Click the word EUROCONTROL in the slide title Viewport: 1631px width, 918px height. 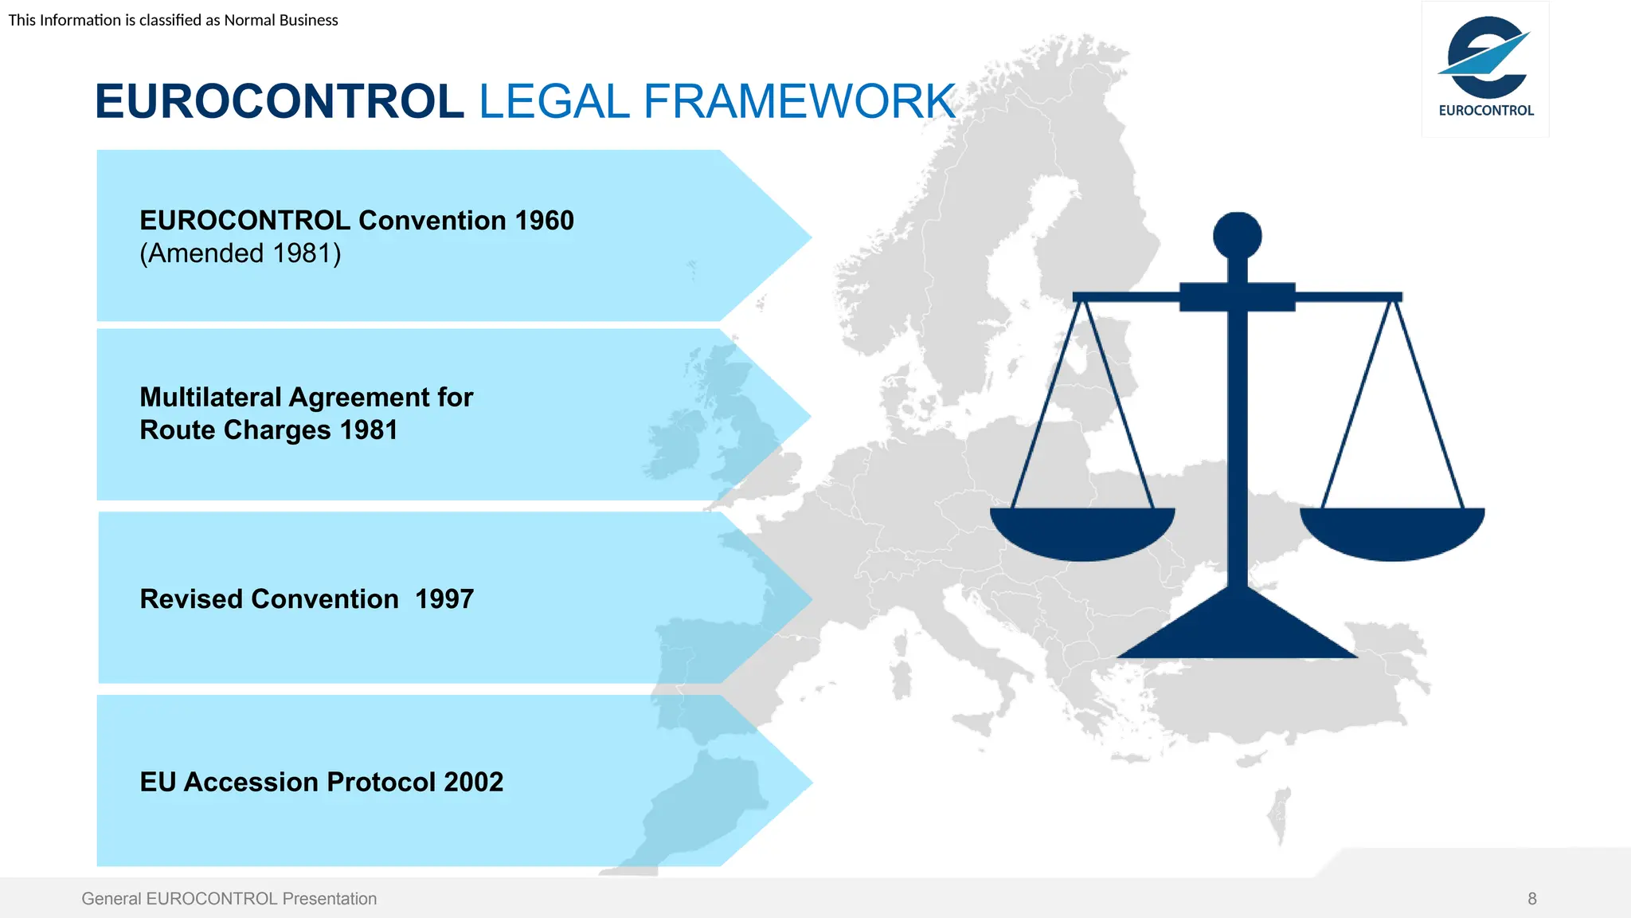[279, 102]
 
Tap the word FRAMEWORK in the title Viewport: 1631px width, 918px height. [799, 102]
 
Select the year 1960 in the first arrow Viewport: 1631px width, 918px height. [544, 221]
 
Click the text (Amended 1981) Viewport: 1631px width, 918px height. [241, 253]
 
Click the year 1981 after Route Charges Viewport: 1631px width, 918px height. [368, 430]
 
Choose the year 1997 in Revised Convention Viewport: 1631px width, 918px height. [444, 599]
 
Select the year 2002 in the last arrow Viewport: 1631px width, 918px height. [473, 783]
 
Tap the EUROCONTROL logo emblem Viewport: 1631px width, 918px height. [1484, 57]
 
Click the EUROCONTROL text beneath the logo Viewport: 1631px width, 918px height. [1486, 111]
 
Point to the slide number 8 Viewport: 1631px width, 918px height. [1531, 899]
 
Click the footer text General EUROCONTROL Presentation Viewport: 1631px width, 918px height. [229, 899]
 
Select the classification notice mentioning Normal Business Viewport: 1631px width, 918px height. [174, 20]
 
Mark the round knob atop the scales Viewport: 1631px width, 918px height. [1237, 236]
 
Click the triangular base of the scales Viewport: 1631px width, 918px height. [1237, 634]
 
